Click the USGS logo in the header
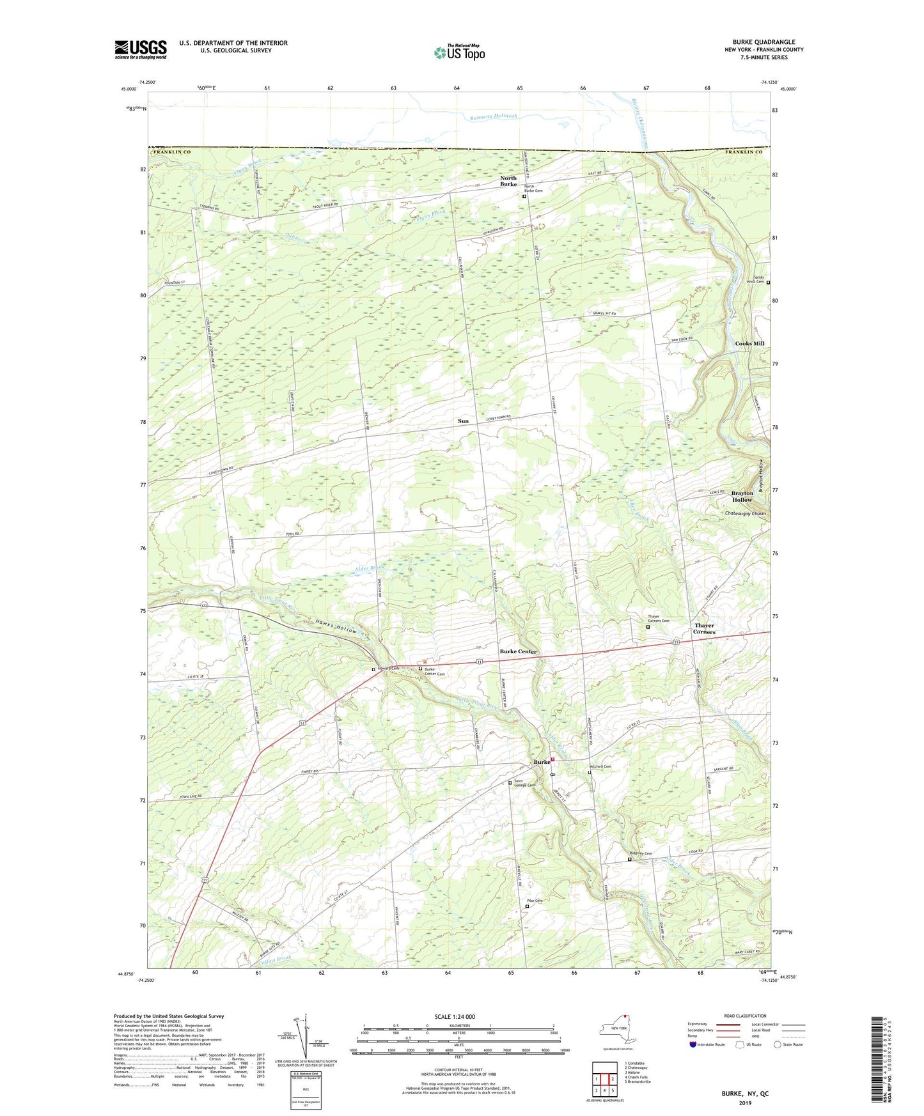pyautogui.click(x=141, y=49)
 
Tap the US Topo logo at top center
pyautogui.click(x=459, y=52)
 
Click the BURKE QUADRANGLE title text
pyautogui.click(x=765, y=42)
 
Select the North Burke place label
pyautogui.click(x=508, y=181)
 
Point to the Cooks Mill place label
pyautogui.click(x=749, y=344)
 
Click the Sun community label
pyautogui.click(x=463, y=421)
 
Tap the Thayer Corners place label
pyautogui.click(x=704, y=629)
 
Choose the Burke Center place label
pyautogui.click(x=518, y=652)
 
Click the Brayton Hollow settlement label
pyautogui.click(x=742, y=497)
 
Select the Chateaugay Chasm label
pyautogui.click(x=745, y=513)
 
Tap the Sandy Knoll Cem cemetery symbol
pyautogui.click(x=768, y=283)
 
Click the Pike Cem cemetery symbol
pyautogui.click(x=527, y=906)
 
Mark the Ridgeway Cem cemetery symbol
pyautogui.click(x=629, y=859)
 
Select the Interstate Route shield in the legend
pyautogui.click(x=694, y=1044)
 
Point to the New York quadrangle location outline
pyautogui.click(x=616, y=1030)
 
